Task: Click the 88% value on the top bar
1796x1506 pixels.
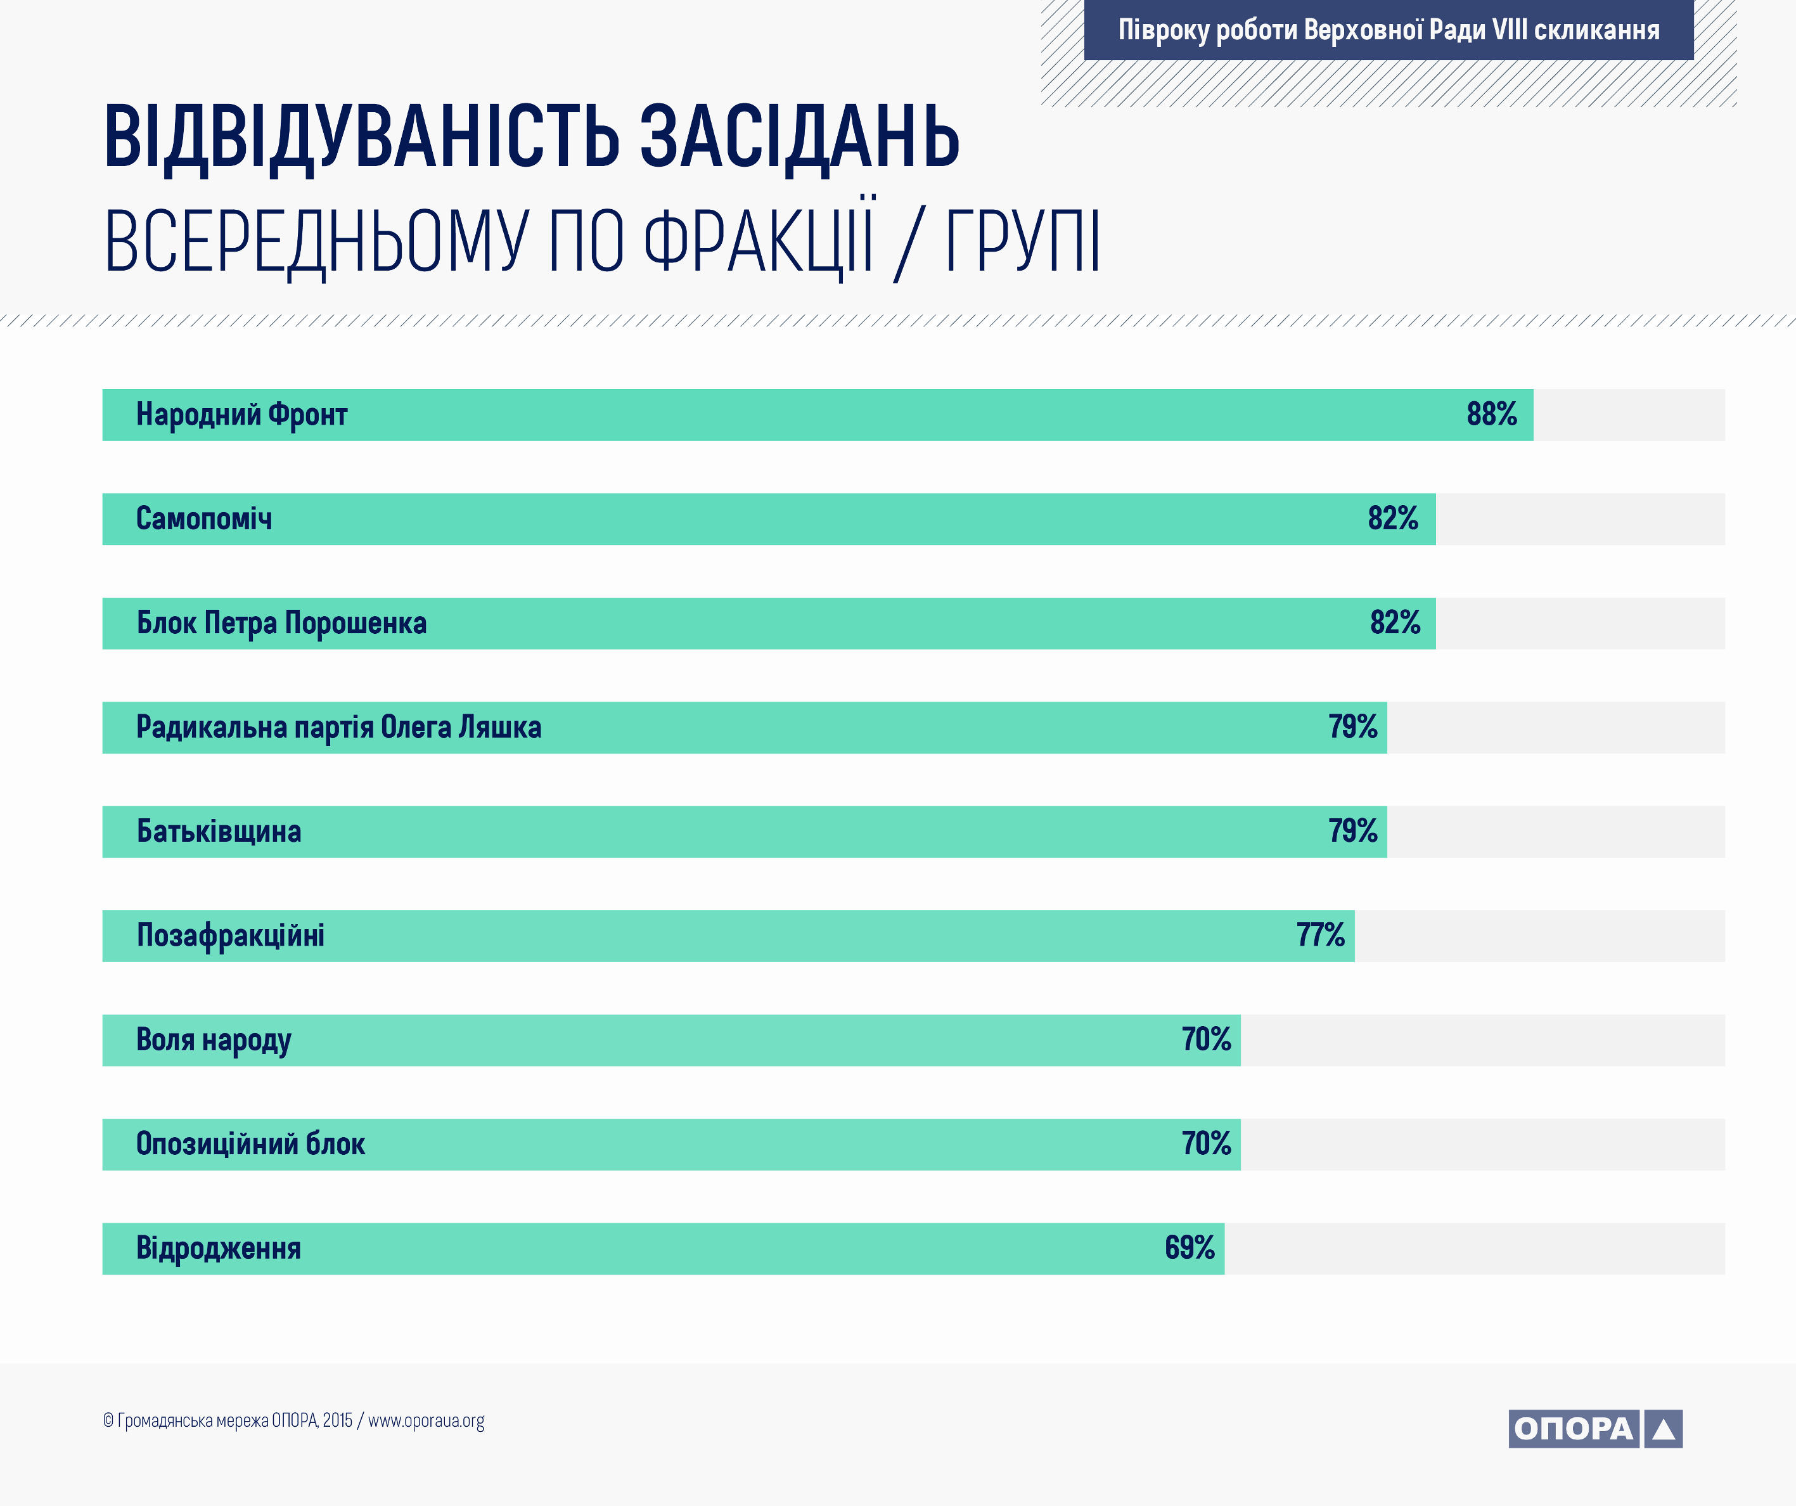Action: point(1492,414)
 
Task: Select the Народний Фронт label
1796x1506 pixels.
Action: point(242,415)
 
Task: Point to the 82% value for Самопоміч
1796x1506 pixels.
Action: point(1393,518)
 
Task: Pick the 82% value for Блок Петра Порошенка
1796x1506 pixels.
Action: point(1395,622)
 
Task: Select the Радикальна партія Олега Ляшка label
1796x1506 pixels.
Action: point(338,727)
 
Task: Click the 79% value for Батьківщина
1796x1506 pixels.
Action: point(1353,830)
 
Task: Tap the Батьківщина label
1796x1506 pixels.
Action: point(219,831)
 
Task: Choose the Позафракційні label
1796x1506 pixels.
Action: point(231,936)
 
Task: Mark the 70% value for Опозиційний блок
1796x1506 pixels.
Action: point(1207,1143)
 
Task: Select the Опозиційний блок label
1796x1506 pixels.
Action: point(250,1143)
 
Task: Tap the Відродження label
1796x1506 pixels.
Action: point(219,1249)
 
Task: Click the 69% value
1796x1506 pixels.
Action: point(1190,1248)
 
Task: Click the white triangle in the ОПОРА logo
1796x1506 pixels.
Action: point(1664,1429)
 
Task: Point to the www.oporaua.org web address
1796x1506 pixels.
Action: point(426,1421)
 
